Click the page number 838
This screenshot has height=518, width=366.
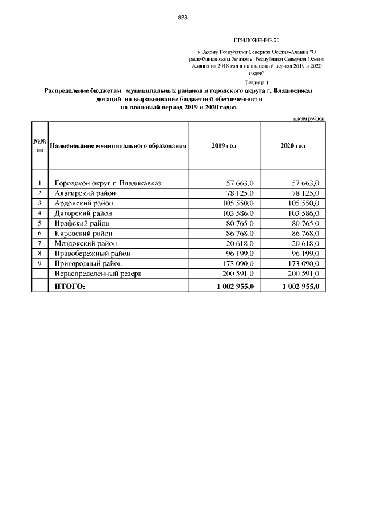pyautogui.click(x=183, y=18)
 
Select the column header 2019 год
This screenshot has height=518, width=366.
pyautogui.click(x=224, y=146)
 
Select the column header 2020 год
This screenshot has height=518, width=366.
pyautogui.click(x=292, y=146)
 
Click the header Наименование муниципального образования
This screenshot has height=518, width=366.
pyautogui.click(x=118, y=146)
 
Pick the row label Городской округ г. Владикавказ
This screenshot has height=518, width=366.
pyautogui.click(x=108, y=183)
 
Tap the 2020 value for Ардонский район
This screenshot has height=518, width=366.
pyautogui.click(x=301, y=203)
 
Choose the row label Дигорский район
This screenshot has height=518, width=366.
pyautogui.click(x=83, y=213)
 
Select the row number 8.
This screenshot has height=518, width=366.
pyautogui.click(x=40, y=253)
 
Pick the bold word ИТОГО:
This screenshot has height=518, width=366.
pyautogui.click(x=69, y=286)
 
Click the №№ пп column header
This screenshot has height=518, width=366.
pyautogui.click(x=39, y=146)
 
